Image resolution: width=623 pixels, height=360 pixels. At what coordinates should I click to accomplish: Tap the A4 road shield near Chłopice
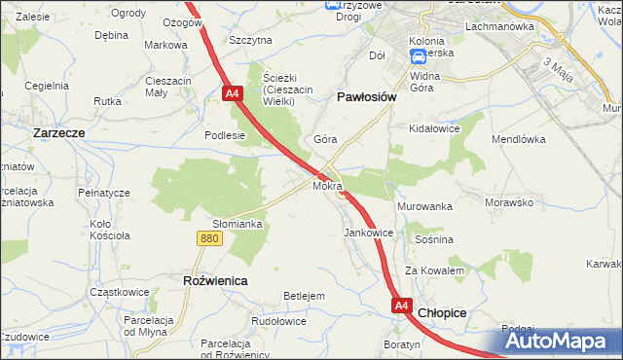tap(402, 306)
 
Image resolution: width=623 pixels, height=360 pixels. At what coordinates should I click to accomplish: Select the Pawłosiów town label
tap(365, 97)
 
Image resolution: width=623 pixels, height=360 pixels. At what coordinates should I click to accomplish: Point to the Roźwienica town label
tap(215, 280)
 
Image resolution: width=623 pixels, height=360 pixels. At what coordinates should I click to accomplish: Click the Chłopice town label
tap(442, 313)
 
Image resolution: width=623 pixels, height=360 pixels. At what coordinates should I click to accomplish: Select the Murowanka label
tap(424, 207)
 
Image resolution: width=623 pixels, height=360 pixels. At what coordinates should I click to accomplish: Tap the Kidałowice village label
tap(434, 128)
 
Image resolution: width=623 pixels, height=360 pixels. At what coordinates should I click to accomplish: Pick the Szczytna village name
tap(250, 40)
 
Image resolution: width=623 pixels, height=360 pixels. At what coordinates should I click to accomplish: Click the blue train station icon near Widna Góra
tap(416, 58)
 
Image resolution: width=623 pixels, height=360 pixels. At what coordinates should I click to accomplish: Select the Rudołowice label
tap(279, 320)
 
